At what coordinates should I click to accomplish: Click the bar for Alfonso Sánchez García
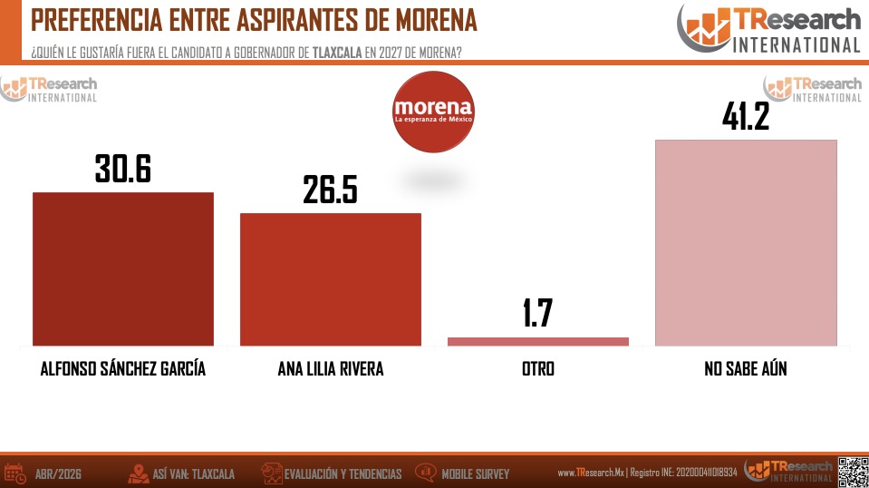pos(123,268)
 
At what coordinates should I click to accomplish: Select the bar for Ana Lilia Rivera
pos(331,279)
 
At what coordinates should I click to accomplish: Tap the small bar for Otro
pos(538,341)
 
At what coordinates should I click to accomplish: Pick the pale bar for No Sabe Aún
pos(746,242)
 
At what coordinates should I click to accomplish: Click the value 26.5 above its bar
pos(331,190)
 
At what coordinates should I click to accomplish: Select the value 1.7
pos(537,313)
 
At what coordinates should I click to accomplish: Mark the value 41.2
pos(746,116)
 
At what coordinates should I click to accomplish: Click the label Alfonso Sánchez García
pos(123,369)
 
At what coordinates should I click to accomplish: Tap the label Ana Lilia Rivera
pos(331,369)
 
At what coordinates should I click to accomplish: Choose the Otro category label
pos(538,369)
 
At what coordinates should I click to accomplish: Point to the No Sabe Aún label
pos(746,369)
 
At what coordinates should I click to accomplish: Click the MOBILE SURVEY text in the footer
pos(475,473)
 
